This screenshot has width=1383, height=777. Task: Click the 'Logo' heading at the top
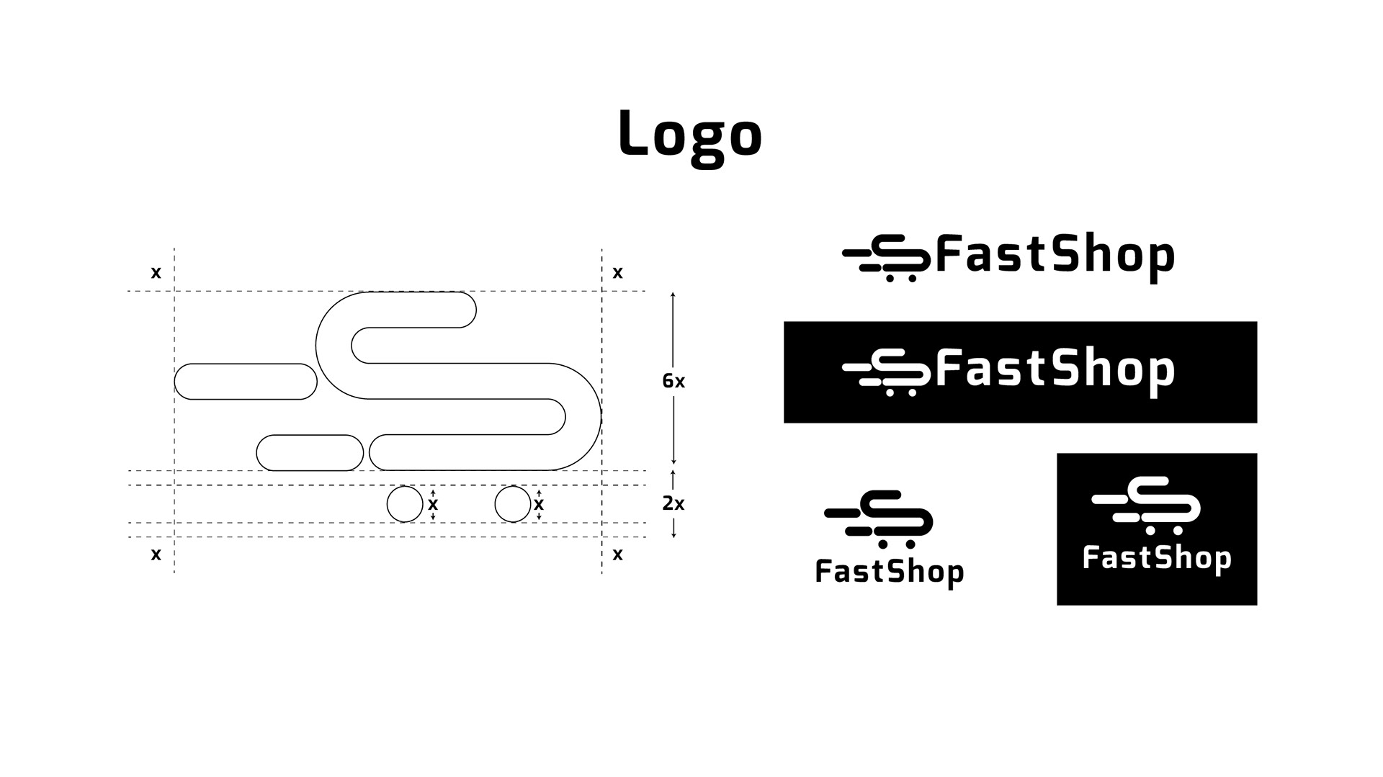click(x=690, y=134)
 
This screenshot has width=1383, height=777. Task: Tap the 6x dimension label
click(x=673, y=381)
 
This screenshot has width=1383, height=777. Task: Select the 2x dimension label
click(x=673, y=504)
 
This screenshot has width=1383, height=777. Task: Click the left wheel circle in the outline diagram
click(x=405, y=504)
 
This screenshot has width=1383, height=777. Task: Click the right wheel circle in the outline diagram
click(x=513, y=504)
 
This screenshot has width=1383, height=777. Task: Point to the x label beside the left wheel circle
click(x=433, y=504)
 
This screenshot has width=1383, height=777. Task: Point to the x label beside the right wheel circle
click(x=539, y=504)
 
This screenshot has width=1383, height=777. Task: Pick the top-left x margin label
click(x=156, y=272)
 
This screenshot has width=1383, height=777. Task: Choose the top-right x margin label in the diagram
click(x=617, y=272)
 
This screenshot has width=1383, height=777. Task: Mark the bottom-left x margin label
click(x=156, y=554)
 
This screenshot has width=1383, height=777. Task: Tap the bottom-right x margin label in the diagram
click(x=617, y=554)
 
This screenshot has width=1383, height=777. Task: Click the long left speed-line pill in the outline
click(x=246, y=382)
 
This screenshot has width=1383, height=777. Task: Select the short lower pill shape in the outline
click(x=310, y=453)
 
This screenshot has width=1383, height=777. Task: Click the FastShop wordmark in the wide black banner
click(x=1055, y=369)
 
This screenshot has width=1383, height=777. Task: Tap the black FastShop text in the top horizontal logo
click(x=1055, y=256)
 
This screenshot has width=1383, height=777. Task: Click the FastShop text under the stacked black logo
click(x=890, y=572)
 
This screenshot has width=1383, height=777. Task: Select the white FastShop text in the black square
click(x=1157, y=558)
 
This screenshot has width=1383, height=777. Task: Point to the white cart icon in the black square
click(x=1147, y=505)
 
